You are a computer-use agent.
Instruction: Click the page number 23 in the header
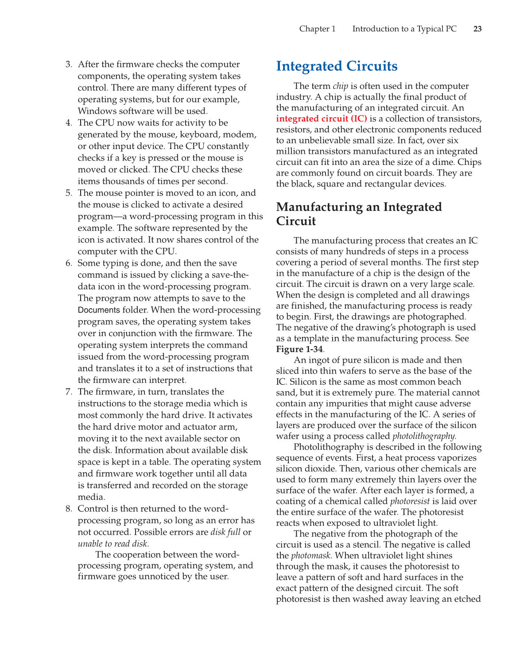(477, 29)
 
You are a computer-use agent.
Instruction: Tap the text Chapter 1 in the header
(317, 29)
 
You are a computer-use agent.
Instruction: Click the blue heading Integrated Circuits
(337, 66)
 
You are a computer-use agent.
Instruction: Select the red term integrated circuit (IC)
(322, 119)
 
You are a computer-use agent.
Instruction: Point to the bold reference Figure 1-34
(299, 349)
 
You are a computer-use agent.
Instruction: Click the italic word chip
(340, 86)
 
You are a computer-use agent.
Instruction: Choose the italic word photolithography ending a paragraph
(424, 436)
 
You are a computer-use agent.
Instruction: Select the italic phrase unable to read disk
(113, 544)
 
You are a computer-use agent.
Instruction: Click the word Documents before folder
(99, 310)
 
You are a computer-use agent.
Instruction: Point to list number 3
(69, 65)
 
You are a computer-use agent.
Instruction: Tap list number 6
(69, 264)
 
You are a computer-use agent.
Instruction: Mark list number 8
(69, 509)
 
